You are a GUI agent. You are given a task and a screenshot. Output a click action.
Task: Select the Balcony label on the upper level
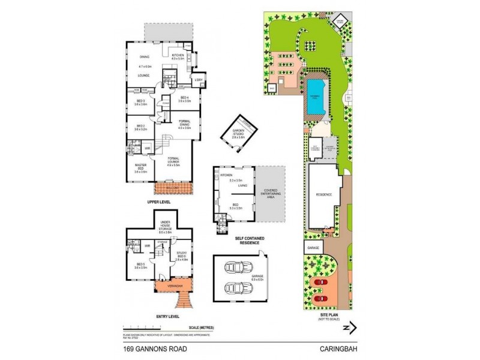[173, 188]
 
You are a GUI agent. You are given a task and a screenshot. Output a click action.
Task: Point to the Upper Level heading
[159, 202]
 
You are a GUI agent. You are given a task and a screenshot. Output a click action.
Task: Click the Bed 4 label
[185, 99]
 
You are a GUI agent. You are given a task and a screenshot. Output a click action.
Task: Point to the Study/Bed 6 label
[181, 257]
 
